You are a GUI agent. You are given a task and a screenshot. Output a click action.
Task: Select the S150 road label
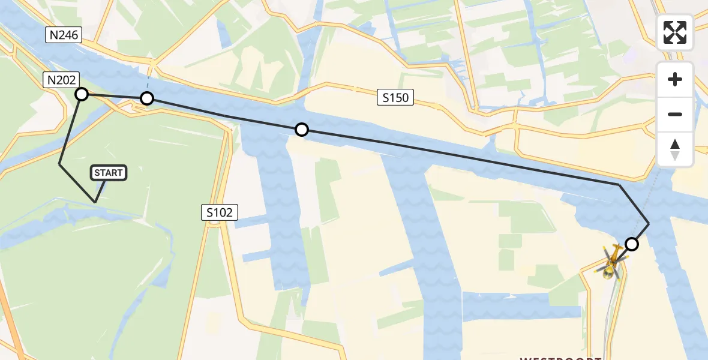[395, 97]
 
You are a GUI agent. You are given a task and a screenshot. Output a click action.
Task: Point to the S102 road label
[220, 212]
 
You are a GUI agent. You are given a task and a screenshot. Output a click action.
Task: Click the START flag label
[108, 173]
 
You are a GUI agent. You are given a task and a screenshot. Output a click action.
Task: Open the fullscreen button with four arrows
[675, 32]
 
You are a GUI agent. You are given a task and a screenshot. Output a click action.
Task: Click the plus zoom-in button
[675, 79]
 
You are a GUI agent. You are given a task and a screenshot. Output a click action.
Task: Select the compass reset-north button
[675, 149]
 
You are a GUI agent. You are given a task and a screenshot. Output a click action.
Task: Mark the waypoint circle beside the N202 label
[82, 94]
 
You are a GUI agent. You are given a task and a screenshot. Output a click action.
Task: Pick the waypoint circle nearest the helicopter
[631, 244]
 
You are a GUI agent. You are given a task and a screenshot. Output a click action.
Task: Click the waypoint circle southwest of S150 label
[302, 130]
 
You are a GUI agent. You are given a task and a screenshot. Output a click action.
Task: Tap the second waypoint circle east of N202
[147, 98]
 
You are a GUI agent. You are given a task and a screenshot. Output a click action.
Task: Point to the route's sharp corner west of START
[59, 164]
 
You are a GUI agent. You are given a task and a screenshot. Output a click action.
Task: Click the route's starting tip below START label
[95, 202]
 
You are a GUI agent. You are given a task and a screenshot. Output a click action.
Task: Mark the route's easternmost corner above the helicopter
[649, 223]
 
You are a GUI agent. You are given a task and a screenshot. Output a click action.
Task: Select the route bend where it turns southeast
[619, 185]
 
